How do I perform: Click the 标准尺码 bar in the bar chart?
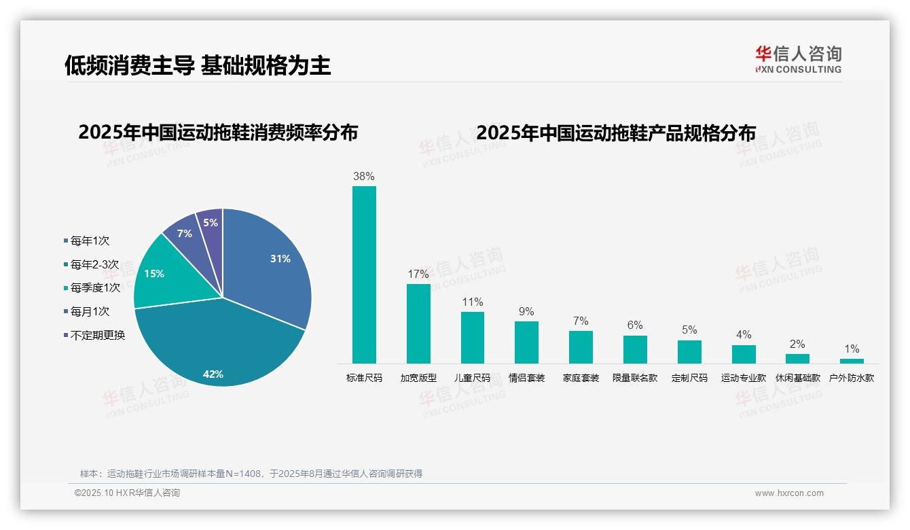364,275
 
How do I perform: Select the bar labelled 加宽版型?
418,323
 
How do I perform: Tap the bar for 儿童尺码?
473,338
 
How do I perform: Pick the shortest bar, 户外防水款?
852,361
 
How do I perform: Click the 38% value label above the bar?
364,177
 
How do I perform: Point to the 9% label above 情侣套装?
526,312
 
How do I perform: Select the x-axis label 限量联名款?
635,378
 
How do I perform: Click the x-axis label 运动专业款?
744,378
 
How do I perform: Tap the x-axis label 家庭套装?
581,378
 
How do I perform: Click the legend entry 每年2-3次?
94,264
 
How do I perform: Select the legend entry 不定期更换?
98,335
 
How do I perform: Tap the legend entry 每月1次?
90,312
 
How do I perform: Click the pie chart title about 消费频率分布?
218,132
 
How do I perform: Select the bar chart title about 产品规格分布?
616,133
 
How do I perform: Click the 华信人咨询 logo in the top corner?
798,59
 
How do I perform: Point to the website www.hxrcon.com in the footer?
789,493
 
